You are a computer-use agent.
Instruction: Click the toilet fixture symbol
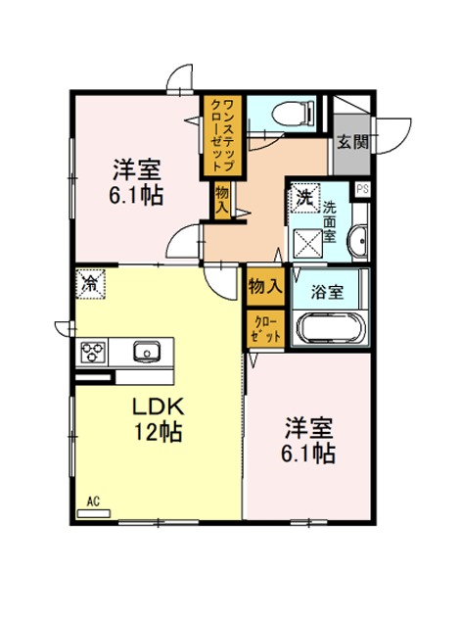294,113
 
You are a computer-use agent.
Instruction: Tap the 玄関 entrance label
352,141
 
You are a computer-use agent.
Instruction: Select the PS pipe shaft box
363,189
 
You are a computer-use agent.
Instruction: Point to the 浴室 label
327,292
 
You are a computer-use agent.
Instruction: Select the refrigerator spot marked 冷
91,284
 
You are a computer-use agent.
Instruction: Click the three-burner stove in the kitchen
93,352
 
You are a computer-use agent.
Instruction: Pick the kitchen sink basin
147,351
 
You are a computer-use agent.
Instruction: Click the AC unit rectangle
94,513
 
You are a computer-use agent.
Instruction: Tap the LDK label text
158,407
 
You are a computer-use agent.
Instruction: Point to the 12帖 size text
158,432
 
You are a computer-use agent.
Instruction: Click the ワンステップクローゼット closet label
223,136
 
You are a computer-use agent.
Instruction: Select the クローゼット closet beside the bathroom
266,331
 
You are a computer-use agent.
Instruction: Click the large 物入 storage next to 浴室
265,286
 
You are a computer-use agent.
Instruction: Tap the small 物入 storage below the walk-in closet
222,200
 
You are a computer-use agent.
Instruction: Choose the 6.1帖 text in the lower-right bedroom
308,454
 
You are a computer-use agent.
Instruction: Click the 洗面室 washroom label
330,222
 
